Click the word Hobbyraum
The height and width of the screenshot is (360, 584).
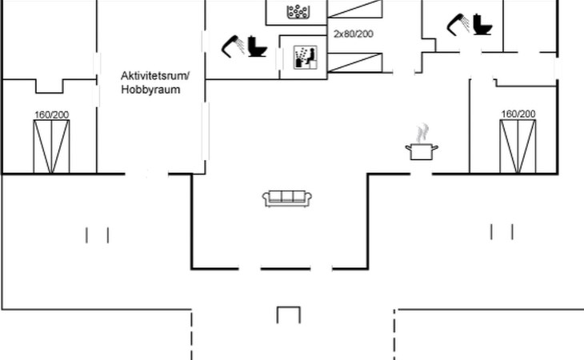[x=150, y=90]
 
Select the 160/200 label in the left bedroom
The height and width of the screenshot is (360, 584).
[x=51, y=114]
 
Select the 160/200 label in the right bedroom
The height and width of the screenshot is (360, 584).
[x=518, y=114]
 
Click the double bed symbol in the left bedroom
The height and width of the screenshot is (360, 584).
[x=51, y=146]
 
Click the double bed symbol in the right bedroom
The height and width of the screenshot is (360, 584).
[x=518, y=146]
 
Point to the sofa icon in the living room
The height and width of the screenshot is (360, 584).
[x=287, y=198]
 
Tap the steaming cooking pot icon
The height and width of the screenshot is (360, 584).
[x=422, y=151]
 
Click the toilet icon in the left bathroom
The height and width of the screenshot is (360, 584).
[x=257, y=46]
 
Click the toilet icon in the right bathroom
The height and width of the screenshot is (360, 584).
[x=482, y=24]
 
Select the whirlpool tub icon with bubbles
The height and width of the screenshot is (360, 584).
[x=298, y=11]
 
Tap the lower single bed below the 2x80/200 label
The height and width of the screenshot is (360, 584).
[x=356, y=61]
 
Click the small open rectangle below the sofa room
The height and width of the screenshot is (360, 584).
[x=288, y=314]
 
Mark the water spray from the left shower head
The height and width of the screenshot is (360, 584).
[x=227, y=50]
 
